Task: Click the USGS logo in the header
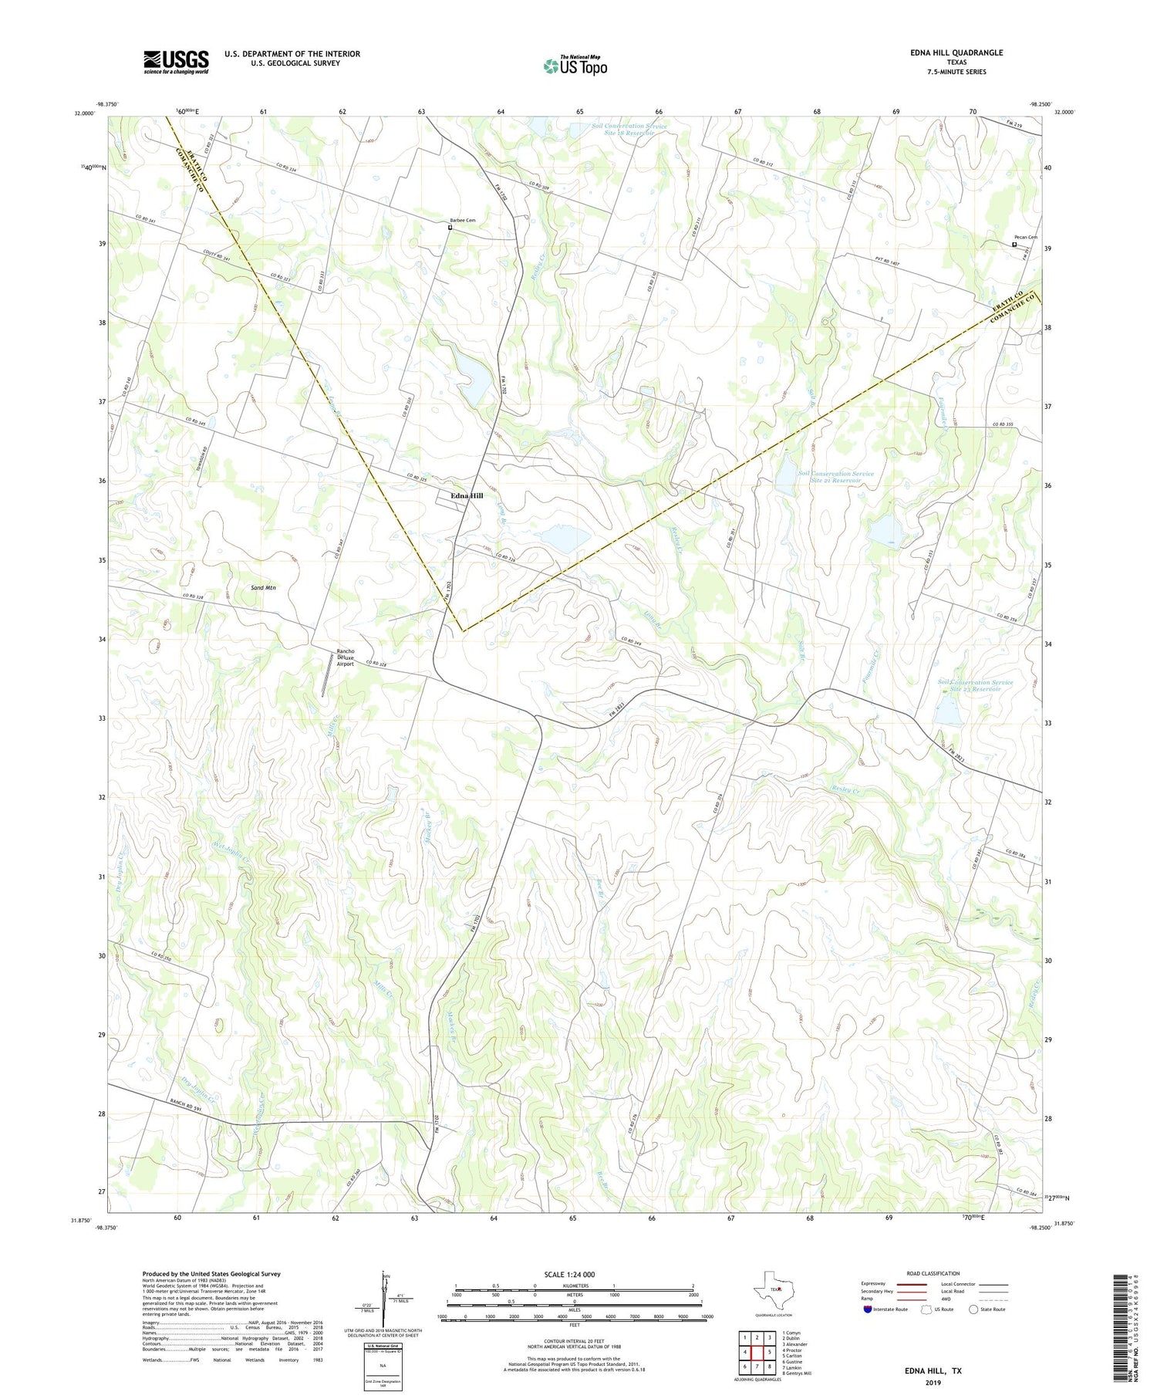[175, 62]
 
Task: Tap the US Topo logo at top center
[575, 66]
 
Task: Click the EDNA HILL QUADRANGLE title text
[956, 52]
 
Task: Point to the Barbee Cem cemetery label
[463, 221]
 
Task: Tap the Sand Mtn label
[263, 588]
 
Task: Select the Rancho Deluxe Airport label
[345, 657]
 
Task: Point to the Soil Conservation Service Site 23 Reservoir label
[975, 685]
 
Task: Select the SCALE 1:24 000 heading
[569, 1275]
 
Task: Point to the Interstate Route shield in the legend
[868, 1309]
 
